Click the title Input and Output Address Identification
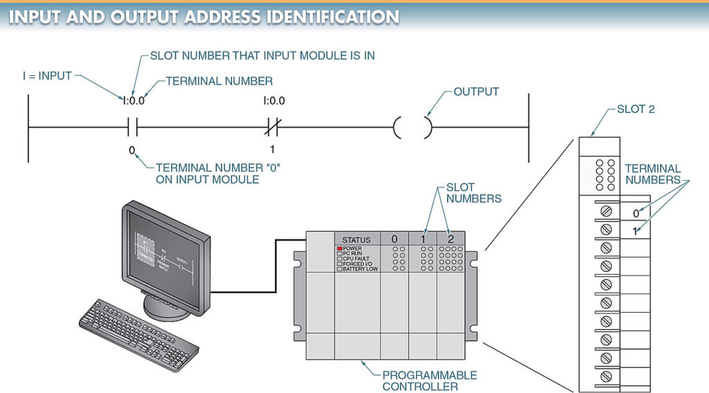(x=204, y=17)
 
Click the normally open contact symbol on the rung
(x=134, y=127)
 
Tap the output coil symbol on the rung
(x=413, y=127)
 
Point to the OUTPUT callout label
(x=476, y=91)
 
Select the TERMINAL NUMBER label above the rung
(x=219, y=81)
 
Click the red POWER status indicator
(x=340, y=248)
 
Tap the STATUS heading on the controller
(x=357, y=239)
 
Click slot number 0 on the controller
(x=394, y=239)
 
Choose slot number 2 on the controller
(x=451, y=239)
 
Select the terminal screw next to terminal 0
(x=606, y=210)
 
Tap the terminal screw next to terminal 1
(x=606, y=229)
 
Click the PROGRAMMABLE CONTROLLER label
(x=429, y=381)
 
